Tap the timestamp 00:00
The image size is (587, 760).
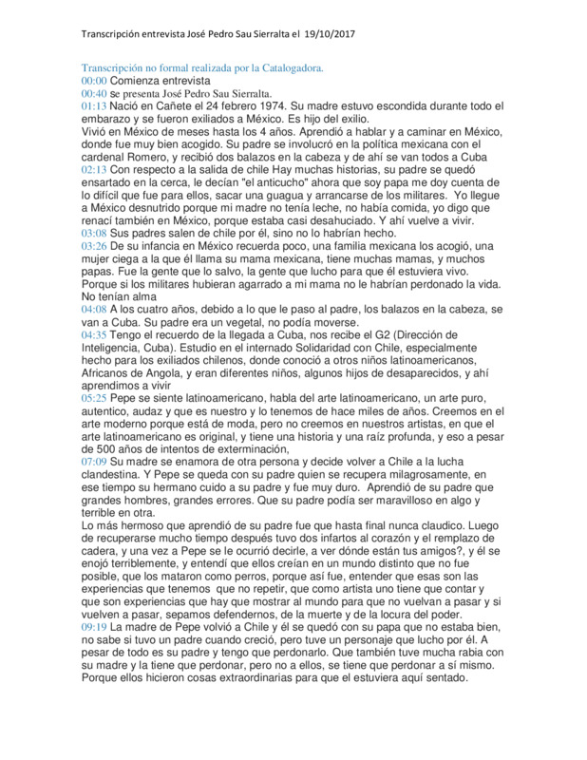click(x=94, y=82)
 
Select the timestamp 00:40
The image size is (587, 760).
click(x=94, y=94)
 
